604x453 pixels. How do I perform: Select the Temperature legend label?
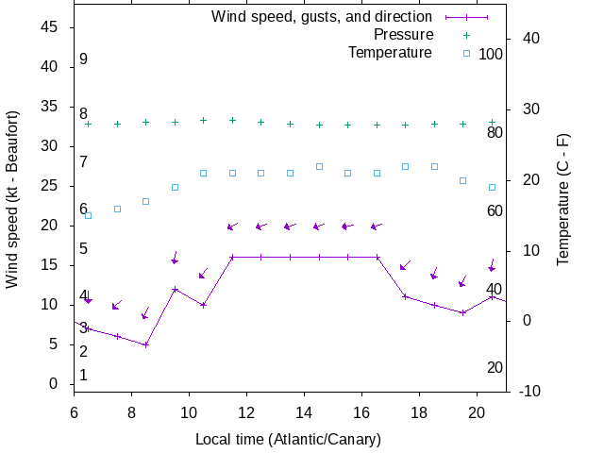pyautogui.click(x=390, y=53)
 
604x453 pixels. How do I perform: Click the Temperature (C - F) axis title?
pyautogui.click(x=563, y=198)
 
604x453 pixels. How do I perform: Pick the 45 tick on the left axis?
pyautogui.click(x=52, y=27)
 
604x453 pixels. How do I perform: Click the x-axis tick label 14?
pyautogui.click(x=304, y=411)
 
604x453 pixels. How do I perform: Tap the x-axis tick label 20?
pyautogui.click(x=478, y=411)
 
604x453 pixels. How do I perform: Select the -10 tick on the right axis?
pyautogui.click(x=528, y=391)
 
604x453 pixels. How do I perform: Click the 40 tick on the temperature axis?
pyautogui.click(x=529, y=39)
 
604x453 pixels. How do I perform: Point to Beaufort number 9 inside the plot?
pyautogui.click(x=83, y=59)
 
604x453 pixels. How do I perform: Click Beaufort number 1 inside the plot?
pyautogui.click(x=83, y=376)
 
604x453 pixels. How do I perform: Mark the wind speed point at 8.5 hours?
pyautogui.click(x=146, y=344)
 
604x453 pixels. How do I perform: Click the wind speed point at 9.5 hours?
pyautogui.click(x=175, y=289)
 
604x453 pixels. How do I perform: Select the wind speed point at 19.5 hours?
pyautogui.click(x=462, y=312)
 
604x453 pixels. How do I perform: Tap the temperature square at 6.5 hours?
pyautogui.click(x=89, y=215)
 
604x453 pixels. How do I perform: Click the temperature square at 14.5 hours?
pyautogui.click(x=319, y=166)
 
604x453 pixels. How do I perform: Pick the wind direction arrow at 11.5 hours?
pyautogui.click(x=232, y=226)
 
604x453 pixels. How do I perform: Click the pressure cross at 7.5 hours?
pyautogui.click(x=117, y=124)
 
